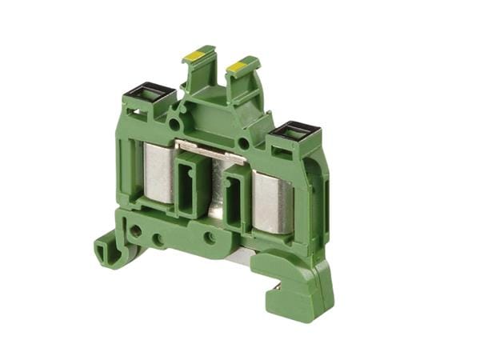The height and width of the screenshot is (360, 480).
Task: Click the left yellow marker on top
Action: pyautogui.click(x=194, y=55)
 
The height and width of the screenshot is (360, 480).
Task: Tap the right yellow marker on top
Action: pyautogui.click(x=237, y=66)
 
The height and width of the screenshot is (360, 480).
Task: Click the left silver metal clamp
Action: pyautogui.click(x=158, y=173)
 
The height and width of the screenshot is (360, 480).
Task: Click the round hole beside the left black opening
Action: pyautogui.click(x=174, y=125)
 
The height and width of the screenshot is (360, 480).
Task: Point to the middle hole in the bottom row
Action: pyautogui.click(x=158, y=238)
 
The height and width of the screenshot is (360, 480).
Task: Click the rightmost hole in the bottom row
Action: pyautogui.click(x=209, y=238)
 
